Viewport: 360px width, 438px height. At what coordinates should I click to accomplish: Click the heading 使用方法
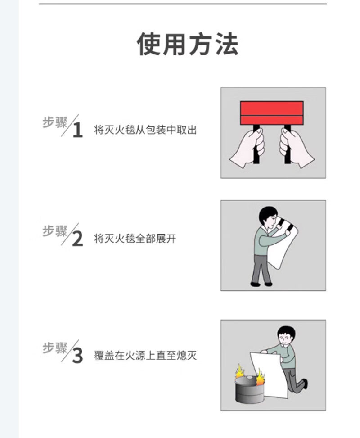187,44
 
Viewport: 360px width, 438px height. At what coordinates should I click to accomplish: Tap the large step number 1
77,130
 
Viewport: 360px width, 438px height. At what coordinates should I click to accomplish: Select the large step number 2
77,239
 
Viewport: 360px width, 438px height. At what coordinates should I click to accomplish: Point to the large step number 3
77,356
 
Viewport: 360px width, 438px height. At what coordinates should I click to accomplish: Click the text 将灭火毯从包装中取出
145,130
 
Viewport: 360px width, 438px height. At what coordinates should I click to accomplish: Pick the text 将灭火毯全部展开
135,239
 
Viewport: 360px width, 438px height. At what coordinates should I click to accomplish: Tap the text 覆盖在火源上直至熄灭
145,355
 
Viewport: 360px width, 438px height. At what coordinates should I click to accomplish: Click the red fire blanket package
272,113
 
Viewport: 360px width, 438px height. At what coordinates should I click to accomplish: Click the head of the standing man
268,217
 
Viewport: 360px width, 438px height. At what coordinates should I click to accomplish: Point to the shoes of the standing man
261,284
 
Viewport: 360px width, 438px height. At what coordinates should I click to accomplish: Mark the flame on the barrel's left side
240,371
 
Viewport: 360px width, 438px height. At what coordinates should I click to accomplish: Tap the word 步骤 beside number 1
55,122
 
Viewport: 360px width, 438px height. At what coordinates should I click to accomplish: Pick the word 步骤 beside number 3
55,348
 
